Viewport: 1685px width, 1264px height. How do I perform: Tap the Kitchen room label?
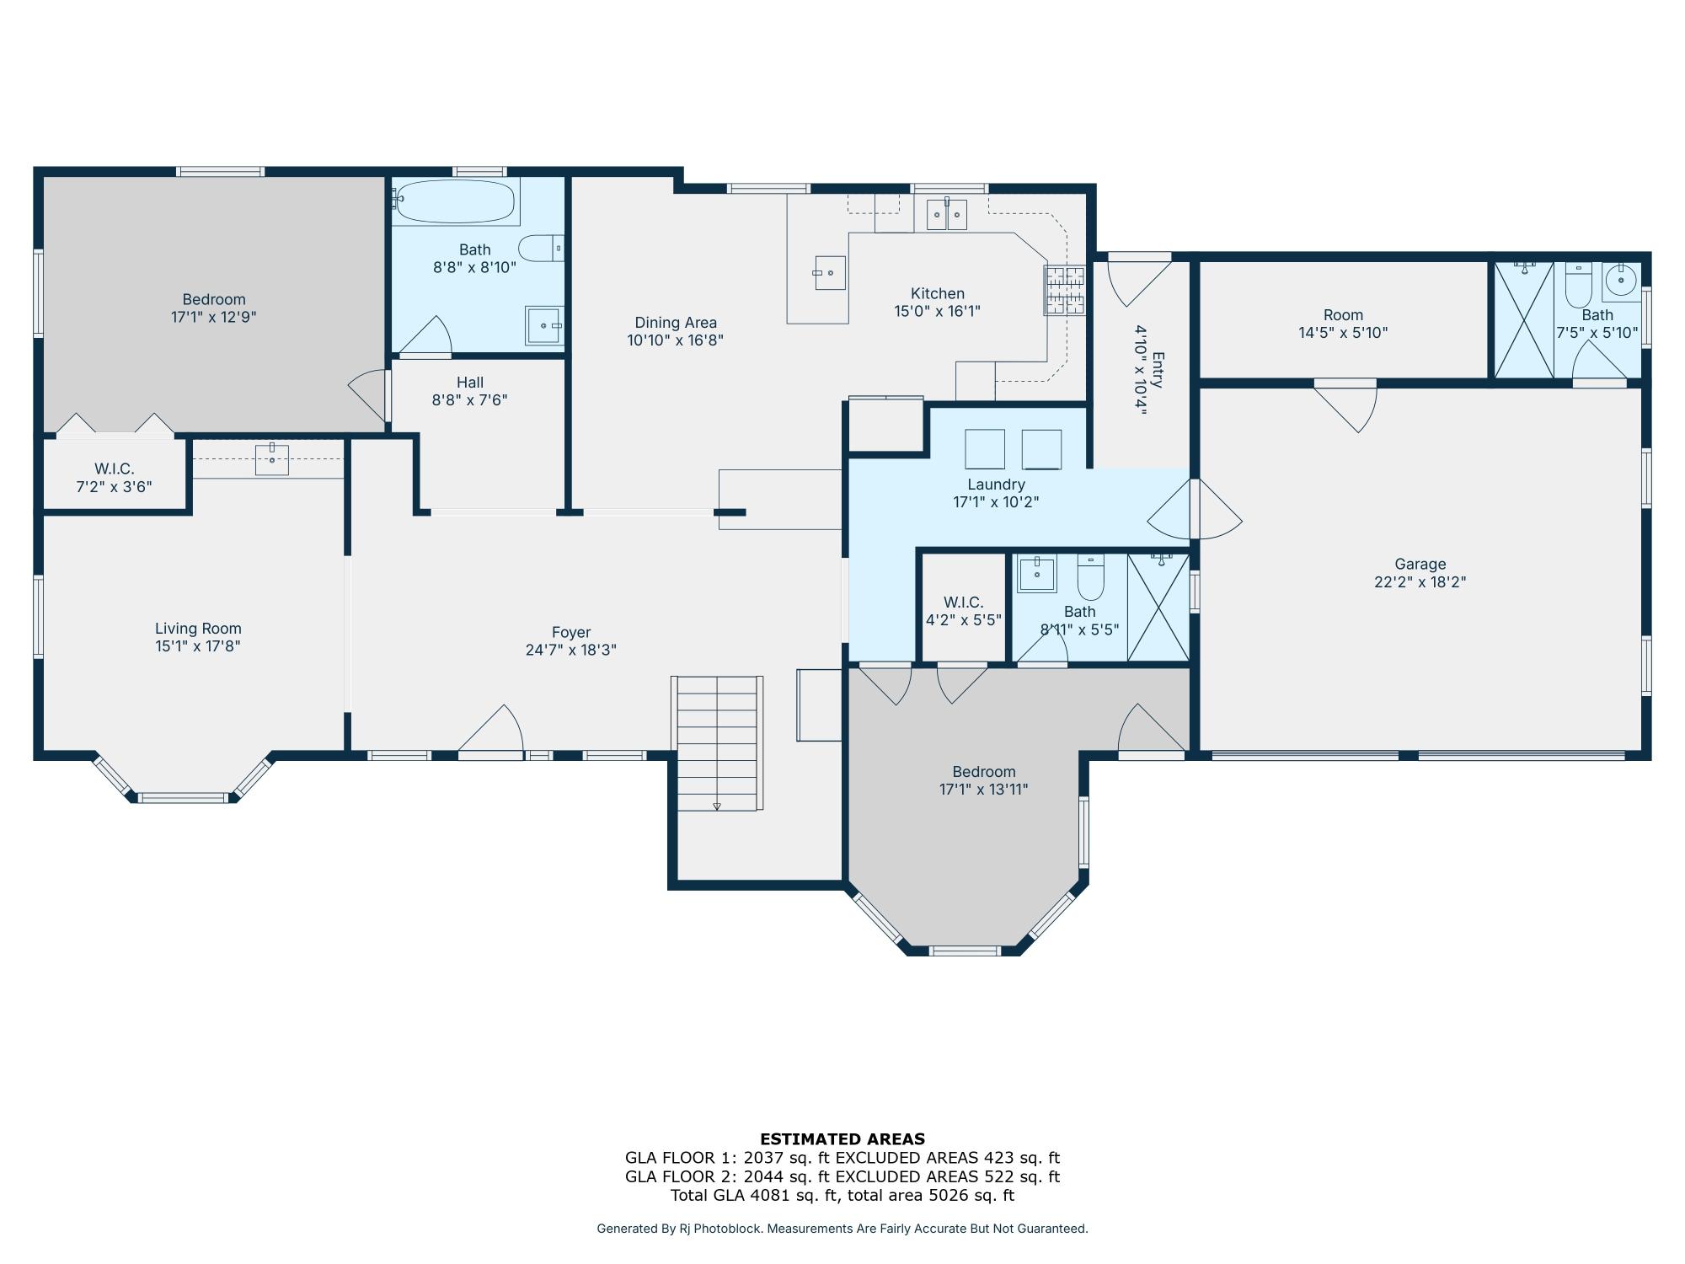937,293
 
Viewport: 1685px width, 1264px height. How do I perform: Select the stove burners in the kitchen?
1064,290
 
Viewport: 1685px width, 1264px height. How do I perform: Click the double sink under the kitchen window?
946,214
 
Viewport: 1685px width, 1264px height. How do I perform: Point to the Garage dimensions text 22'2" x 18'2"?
1420,582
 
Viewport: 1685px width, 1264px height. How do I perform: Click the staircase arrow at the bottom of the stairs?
717,806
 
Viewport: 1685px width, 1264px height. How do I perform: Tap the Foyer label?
570,632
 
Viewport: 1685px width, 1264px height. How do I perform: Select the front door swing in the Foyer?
497,730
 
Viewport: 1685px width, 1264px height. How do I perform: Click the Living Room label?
198,628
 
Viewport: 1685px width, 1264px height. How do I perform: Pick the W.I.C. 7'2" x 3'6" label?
114,477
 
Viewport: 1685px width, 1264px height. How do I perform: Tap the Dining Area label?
675,323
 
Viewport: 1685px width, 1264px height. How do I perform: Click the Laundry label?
995,485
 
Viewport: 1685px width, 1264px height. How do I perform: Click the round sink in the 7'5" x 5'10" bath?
1620,281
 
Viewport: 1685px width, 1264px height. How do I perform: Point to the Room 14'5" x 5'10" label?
1342,324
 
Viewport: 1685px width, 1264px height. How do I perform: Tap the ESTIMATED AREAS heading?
842,1138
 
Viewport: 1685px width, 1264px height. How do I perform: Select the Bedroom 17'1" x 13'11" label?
983,780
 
